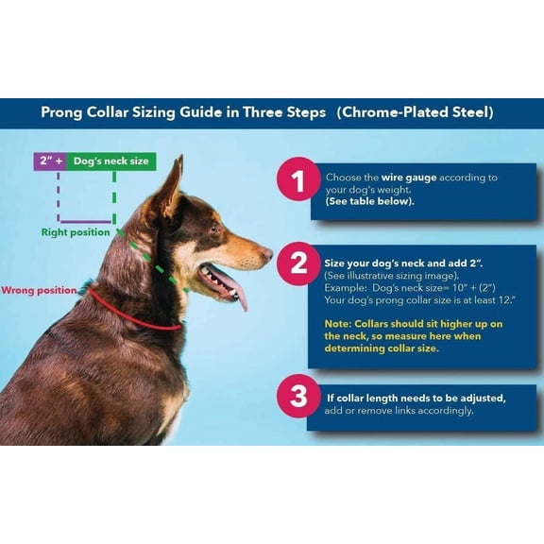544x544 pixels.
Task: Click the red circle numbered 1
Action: (298, 181)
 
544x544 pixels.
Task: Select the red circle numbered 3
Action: (298, 396)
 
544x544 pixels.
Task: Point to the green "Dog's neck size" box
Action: (111, 161)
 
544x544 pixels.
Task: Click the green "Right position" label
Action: (76, 231)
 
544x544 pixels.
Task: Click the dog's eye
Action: (213, 228)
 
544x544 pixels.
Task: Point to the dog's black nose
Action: (267, 253)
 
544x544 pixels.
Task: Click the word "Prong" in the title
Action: (62, 112)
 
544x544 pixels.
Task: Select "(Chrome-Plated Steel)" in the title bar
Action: (415, 112)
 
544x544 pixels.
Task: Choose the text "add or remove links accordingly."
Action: (399, 411)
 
